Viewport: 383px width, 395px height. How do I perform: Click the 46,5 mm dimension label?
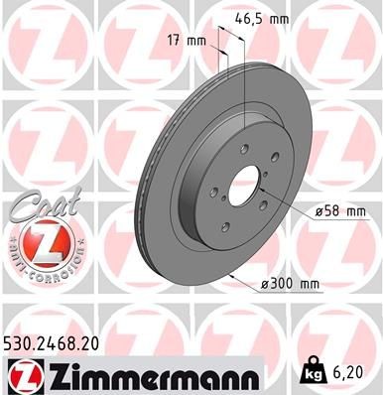pyautogui.click(x=263, y=18)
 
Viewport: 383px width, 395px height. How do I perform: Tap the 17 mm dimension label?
pyautogui.click(x=187, y=41)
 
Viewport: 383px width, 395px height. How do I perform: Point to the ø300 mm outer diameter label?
pyautogui.click(x=290, y=284)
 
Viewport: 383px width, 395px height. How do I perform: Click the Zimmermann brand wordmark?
pyautogui.click(x=139, y=374)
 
